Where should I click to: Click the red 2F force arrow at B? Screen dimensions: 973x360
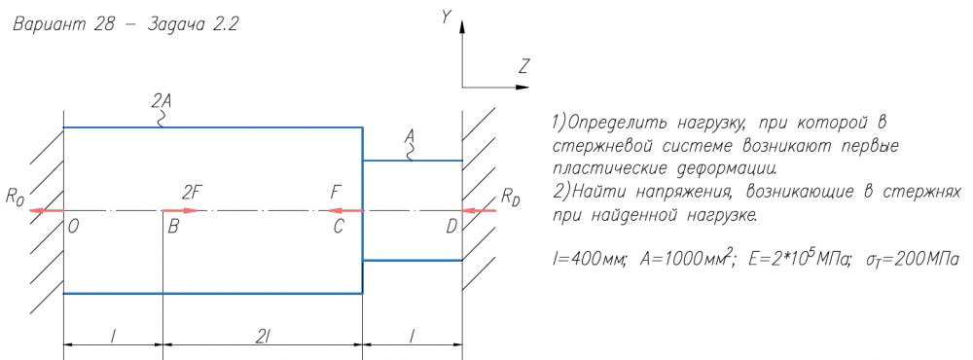click(x=180, y=210)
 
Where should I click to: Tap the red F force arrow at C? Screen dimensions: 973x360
click(x=345, y=210)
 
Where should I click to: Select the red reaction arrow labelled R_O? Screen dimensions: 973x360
click(x=47, y=210)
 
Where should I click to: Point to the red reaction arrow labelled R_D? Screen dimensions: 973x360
click(x=479, y=210)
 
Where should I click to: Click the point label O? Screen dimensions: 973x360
click(x=74, y=227)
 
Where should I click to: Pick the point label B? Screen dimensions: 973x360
click(x=173, y=227)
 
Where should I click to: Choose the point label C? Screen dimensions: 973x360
click(x=339, y=227)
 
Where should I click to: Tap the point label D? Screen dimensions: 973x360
click(x=451, y=227)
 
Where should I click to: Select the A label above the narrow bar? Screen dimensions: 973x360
click(x=409, y=135)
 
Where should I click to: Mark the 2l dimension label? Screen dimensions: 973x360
click(x=262, y=336)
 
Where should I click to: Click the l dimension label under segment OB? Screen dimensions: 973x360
click(x=112, y=336)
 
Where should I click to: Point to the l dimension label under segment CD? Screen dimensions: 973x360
click(x=412, y=336)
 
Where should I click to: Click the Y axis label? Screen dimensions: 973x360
click(x=446, y=17)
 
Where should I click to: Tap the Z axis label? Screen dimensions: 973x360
click(x=524, y=66)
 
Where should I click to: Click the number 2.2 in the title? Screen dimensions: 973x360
click(x=226, y=25)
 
